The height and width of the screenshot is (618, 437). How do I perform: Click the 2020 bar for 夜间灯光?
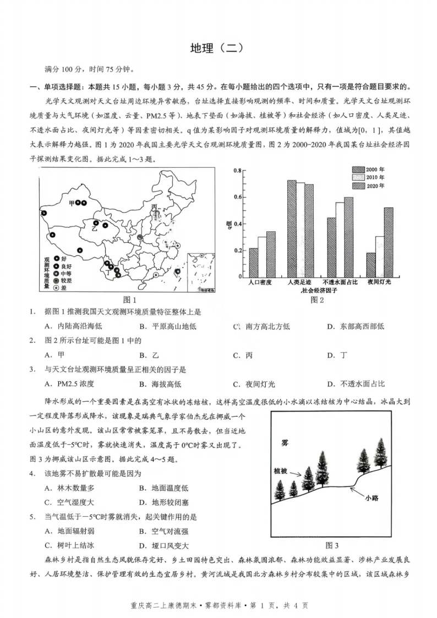click(x=389, y=242)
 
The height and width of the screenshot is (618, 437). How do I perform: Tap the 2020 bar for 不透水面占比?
click(x=348, y=237)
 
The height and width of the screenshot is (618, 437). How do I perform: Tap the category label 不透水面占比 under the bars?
click(x=340, y=282)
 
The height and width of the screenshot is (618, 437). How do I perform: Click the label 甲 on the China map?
click(x=72, y=203)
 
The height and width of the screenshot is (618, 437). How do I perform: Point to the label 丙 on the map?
click(x=154, y=206)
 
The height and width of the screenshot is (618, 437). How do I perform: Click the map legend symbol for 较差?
click(x=56, y=280)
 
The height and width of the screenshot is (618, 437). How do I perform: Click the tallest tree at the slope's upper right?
click(x=380, y=452)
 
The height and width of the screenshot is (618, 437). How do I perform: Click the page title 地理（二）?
click(x=218, y=48)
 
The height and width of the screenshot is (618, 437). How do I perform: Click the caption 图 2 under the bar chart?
click(x=318, y=299)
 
